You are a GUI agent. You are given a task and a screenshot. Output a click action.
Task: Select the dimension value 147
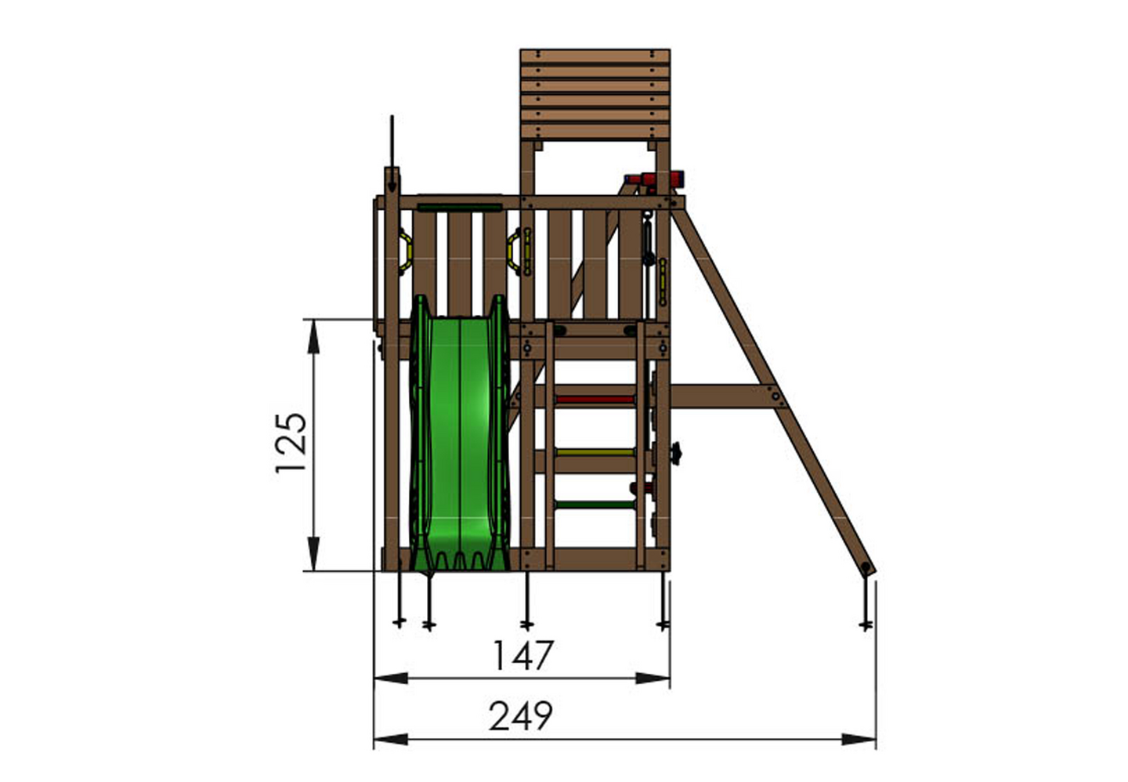[522, 655]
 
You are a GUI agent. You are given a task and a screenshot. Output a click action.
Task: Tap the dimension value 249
[520, 716]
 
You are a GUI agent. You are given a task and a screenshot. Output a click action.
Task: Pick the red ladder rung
[595, 400]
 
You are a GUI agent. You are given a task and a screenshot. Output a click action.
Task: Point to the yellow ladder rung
[595, 452]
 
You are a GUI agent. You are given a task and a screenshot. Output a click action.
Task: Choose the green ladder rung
[595, 505]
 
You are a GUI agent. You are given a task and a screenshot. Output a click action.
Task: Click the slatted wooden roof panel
[595, 94]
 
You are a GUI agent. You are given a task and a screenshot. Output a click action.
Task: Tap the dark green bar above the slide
[459, 208]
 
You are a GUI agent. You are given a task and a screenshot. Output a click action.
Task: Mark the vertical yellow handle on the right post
[663, 282]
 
